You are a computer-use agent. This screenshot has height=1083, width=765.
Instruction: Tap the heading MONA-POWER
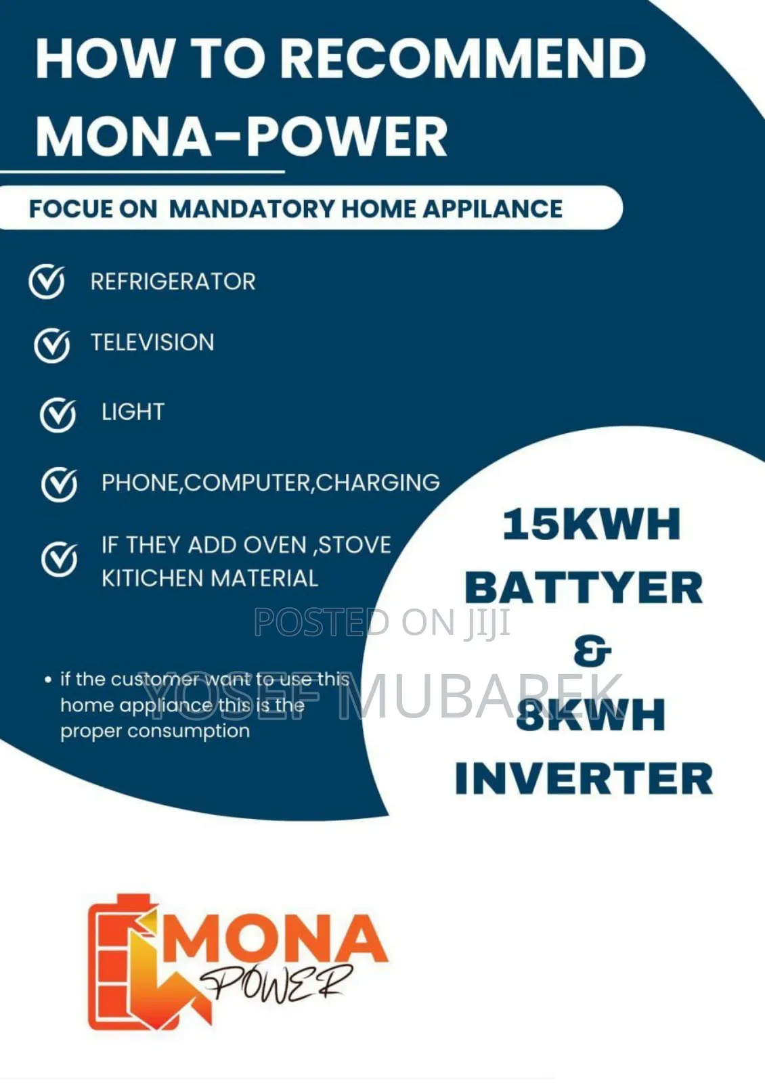(x=241, y=136)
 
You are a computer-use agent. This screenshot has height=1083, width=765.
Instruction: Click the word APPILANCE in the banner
(x=492, y=208)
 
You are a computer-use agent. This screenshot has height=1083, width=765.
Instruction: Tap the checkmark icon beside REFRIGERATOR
(x=47, y=282)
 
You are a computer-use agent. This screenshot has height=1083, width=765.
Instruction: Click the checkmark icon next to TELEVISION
(x=51, y=345)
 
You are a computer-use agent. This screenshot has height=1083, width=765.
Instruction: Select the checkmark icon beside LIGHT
(x=58, y=414)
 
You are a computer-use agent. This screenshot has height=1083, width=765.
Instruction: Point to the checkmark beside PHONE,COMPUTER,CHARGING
(x=59, y=484)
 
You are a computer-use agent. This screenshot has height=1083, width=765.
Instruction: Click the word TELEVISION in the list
(x=152, y=342)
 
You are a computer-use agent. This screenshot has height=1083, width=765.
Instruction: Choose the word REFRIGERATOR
(x=173, y=282)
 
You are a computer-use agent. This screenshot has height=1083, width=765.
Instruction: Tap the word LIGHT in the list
(x=133, y=412)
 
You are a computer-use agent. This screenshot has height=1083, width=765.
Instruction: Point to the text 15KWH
(x=591, y=525)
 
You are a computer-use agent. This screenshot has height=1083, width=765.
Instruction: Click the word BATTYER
(x=584, y=588)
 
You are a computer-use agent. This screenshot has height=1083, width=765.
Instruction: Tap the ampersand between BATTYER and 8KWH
(x=592, y=650)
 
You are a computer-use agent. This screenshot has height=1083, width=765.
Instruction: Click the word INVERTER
(x=584, y=778)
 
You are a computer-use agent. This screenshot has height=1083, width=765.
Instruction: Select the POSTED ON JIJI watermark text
(x=383, y=623)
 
